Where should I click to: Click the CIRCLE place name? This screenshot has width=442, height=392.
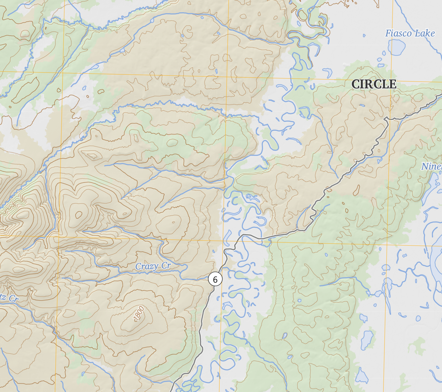pos(374,84)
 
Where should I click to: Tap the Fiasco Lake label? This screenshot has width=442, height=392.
pos(410,33)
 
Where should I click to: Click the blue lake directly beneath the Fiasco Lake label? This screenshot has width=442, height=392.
pos(397,47)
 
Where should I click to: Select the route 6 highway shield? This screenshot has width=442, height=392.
pos(215,280)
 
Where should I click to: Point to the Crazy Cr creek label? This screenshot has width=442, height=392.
pos(153,266)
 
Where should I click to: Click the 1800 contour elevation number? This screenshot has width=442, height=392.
pos(139,314)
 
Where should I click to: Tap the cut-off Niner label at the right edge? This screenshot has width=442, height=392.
pos(431,166)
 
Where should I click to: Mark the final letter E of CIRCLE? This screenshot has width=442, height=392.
pos(392,84)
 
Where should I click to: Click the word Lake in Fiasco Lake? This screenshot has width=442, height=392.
pos(425,33)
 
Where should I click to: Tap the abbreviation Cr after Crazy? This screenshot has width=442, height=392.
pos(166,266)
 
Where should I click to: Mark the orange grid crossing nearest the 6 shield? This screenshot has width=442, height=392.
pos(223,240)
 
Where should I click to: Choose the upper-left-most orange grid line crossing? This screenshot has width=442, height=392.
pos(64,72)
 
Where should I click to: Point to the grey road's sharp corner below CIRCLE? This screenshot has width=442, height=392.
pos(386,118)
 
